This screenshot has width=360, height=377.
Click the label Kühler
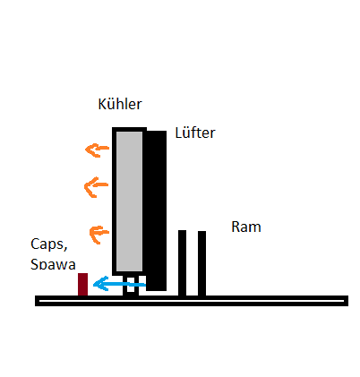[120, 104]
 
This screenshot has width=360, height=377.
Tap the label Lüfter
[195, 133]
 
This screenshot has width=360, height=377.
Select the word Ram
[246, 227]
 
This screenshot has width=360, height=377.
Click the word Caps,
[49, 244]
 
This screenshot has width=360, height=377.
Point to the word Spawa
[53, 264]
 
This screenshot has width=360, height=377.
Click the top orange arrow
[98, 150]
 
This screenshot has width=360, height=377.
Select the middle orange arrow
[96, 187]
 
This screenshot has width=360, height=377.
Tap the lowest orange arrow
[99, 235]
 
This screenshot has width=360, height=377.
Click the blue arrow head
[100, 284]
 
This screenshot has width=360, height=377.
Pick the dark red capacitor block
[82, 284]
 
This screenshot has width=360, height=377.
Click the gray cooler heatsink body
[129, 201]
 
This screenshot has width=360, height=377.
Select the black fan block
[156, 210]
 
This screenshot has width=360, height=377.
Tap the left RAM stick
[182, 263]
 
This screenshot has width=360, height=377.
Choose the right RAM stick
[201, 263]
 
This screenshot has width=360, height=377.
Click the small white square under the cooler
[131, 285]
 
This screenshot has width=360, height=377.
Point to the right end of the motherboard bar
[347, 301]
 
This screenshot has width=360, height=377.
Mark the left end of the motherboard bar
[36, 301]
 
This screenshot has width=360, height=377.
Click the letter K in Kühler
[102, 104]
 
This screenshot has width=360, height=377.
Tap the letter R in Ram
[236, 227]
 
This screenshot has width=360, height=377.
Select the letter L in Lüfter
[178, 133]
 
